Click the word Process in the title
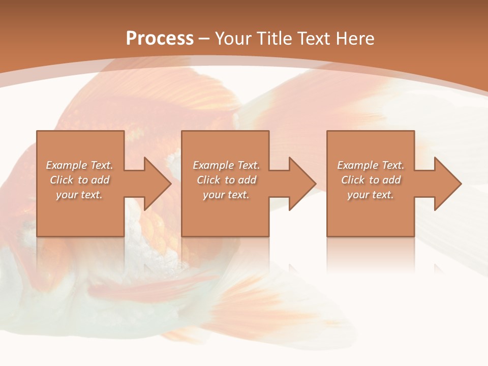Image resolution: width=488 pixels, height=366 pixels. pos(160,38)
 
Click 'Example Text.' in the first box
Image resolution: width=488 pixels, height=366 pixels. pos(79,165)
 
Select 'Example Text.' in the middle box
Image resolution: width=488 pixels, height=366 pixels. pos(226,165)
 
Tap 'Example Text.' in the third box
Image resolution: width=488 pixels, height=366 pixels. pos(371,165)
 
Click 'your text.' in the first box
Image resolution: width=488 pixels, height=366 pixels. pos(79,195)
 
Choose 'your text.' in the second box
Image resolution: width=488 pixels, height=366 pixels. pos(226,195)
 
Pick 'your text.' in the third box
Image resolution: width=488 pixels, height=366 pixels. pos(371,195)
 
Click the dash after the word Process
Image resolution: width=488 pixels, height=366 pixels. pos(204,39)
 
